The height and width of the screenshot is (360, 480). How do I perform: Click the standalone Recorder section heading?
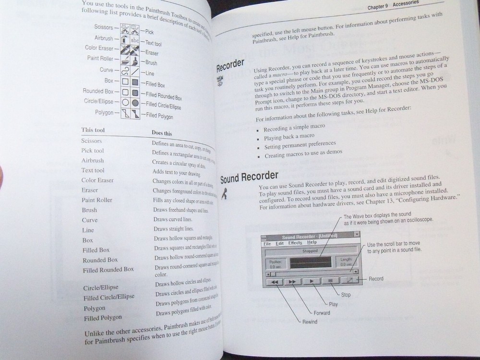coord(230,64)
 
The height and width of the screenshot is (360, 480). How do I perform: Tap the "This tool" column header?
coord(93,130)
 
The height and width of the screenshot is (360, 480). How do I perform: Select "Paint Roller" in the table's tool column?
coord(96,200)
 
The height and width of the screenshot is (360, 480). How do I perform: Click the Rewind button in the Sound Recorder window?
coord(275,282)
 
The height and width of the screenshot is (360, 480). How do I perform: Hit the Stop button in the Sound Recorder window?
coord(330,280)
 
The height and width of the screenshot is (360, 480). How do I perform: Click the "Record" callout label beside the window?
coord(376,278)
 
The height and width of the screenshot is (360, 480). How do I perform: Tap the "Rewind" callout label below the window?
coord(310,321)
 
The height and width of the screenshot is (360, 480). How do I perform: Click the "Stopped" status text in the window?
coord(310,250)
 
